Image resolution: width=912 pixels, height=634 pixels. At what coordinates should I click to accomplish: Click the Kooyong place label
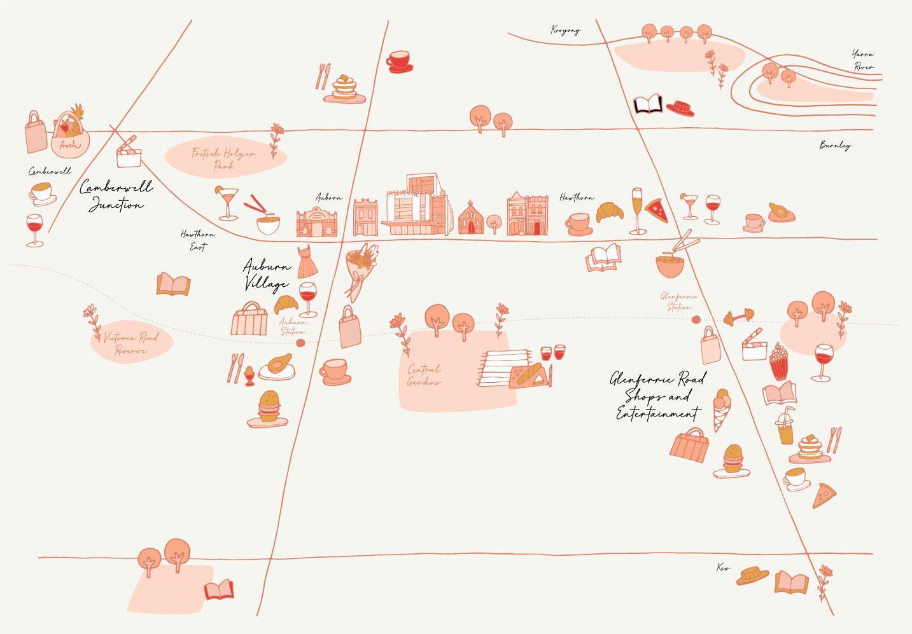tap(565, 30)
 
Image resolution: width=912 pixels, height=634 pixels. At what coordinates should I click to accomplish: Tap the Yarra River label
tap(864, 60)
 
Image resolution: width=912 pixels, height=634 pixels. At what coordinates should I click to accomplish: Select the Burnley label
tap(835, 145)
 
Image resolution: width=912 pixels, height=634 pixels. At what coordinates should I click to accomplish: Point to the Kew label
tap(723, 567)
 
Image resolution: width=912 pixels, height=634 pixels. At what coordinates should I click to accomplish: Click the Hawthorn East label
tap(197, 240)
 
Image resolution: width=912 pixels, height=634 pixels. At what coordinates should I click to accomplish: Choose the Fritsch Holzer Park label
tap(224, 158)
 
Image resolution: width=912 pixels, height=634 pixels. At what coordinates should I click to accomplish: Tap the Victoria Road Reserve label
tap(131, 343)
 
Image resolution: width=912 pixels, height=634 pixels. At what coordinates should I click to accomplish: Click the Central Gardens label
tap(424, 375)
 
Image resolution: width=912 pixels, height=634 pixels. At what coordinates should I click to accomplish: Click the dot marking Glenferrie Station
tap(696, 320)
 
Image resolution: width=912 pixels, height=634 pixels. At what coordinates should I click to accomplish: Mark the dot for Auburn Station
tap(300, 343)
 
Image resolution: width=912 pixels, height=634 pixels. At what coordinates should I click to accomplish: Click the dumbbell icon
tap(738, 316)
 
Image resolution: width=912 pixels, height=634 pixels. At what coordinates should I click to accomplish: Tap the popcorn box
tap(778, 361)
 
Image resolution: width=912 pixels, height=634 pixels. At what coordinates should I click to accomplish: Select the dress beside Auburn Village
tap(307, 261)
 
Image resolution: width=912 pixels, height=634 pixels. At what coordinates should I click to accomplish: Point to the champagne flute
tap(637, 210)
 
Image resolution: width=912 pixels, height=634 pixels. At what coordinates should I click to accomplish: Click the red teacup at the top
tap(399, 61)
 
